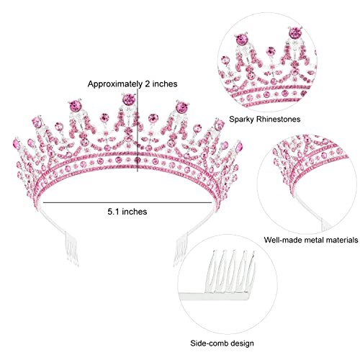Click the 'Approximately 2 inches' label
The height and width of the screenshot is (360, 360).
click(x=132, y=84)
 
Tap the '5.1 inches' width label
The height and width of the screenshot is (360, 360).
click(x=127, y=212)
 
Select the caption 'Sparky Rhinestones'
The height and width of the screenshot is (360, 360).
click(x=265, y=119)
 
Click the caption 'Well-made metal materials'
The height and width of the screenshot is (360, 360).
click(x=311, y=240)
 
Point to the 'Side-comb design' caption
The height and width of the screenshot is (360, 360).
click(x=222, y=343)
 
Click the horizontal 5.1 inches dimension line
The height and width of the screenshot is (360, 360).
click(x=127, y=202)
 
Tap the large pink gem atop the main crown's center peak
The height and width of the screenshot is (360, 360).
click(x=128, y=99)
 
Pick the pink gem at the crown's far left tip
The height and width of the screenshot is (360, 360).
click(x=17, y=145)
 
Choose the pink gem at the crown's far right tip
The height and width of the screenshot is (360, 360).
click(x=239, y=147)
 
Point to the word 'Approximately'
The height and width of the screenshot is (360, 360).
click(x=114, y=84)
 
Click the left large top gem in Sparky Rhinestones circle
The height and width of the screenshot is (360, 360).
click(x=240, y=40)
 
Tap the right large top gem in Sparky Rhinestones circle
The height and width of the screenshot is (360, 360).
click(x=295, y=33)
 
